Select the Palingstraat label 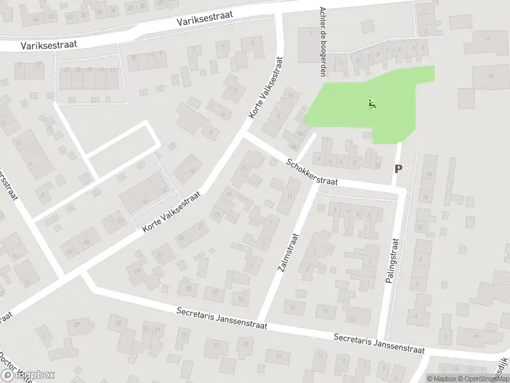(x=391, y=260)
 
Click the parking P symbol (x=399, y=169)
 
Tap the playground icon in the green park (x=372, y=103)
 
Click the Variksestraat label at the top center (x=205, y=21)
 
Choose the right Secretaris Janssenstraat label (x=378, y=343)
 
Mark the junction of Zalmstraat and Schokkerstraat (x=317, y=182)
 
